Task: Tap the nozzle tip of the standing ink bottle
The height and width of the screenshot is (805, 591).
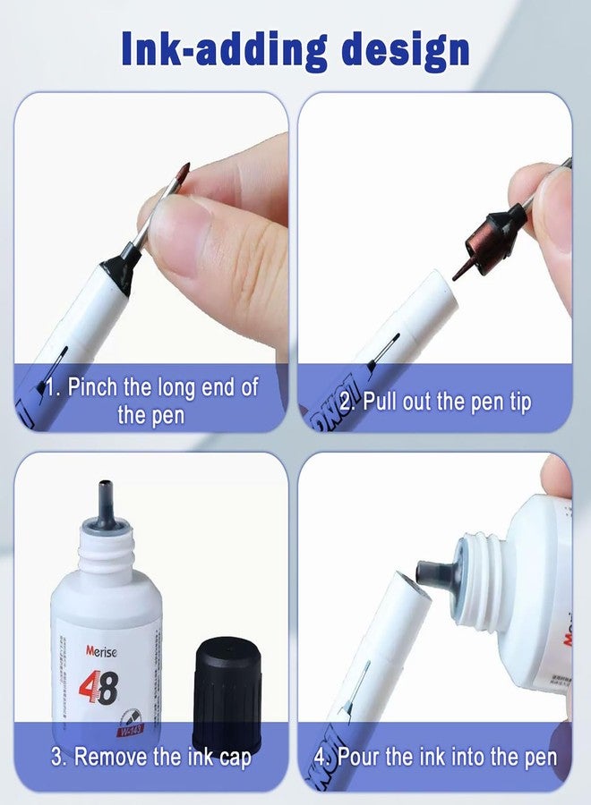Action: (x=105, y=491)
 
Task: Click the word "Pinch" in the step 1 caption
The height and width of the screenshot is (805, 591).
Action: (x=94, y=387)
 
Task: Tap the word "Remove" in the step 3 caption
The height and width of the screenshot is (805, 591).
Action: (x=112, y=758)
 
